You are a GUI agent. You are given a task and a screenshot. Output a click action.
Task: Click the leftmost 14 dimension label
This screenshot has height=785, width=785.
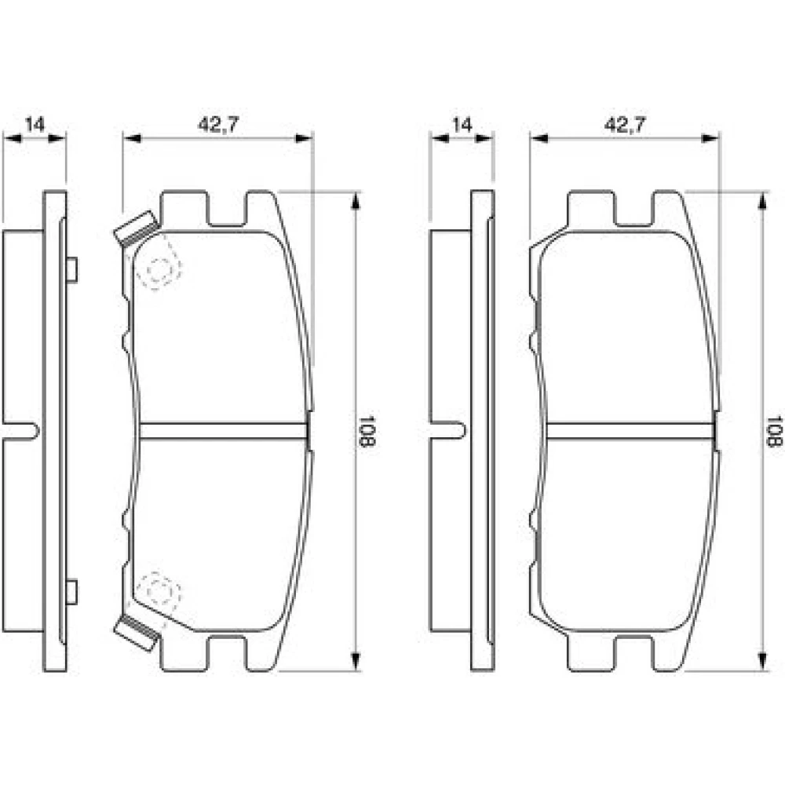35,124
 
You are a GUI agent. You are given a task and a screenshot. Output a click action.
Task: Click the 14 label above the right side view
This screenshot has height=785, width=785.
462,124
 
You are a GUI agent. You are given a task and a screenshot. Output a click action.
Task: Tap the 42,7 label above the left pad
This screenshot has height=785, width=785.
219,124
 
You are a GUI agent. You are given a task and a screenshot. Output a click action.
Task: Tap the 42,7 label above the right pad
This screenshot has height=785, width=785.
626,124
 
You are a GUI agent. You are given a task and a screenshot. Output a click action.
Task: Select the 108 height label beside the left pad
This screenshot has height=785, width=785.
367,431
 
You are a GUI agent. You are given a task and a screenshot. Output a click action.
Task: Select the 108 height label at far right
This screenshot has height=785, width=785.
774,431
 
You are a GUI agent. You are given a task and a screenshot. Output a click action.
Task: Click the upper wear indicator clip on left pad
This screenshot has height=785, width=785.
135,228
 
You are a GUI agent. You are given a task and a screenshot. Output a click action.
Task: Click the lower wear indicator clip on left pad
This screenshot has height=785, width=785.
135,633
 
